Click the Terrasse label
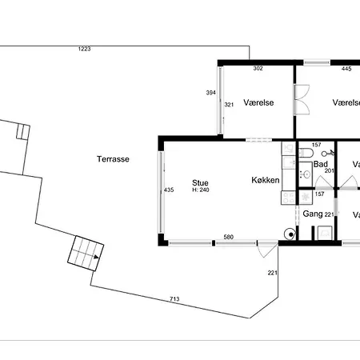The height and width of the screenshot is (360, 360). tap(112, 158)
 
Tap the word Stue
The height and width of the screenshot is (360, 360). tap(200, 182)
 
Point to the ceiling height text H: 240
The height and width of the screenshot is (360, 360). tap(200, 190)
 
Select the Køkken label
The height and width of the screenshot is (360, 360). tap(265, 180)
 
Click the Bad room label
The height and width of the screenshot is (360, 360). tap(322, 164)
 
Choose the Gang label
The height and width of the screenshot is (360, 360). tap(312, 214)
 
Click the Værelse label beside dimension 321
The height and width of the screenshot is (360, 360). tap(259, 103)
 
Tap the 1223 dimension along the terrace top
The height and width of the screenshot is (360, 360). tap(84, 50)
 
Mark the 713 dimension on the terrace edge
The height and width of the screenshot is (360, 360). tap(174, 299)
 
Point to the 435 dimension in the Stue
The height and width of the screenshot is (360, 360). tap(169, 190)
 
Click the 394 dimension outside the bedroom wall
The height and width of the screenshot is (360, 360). tap(211, 93)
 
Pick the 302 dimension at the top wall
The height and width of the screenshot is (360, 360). tap(258, 69)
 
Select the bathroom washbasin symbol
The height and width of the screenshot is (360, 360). tap(304, 173)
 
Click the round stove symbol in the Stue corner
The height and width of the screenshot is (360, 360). tap(288, 234)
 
